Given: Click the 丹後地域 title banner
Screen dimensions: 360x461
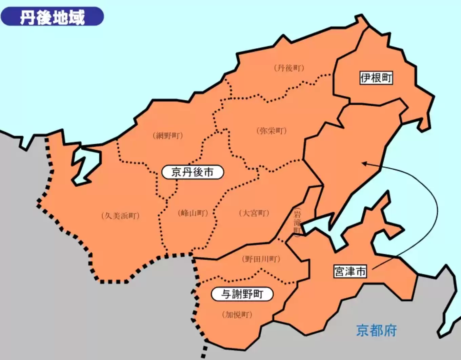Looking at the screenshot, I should point(52,17).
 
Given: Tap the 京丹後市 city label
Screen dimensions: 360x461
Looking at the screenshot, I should point(193,172).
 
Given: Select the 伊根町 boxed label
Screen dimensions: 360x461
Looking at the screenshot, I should point(376,78).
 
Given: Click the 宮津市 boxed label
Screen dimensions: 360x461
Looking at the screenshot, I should point(350,271).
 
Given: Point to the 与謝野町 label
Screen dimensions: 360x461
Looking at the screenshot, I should point(242,294).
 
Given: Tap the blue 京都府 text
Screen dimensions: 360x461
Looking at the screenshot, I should point(376,330).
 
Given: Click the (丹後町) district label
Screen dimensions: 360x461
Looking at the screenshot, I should point(289,68).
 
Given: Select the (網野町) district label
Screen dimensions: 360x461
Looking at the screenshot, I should point(168,136).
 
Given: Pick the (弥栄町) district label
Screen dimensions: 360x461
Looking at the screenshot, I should point(272,131).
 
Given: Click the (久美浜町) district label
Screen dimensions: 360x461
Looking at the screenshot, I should point(120,216).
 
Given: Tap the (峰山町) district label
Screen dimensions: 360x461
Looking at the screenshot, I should point(193,213).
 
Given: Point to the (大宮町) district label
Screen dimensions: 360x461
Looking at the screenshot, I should point(254,213).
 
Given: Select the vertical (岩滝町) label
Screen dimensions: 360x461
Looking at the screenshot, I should point(297,223).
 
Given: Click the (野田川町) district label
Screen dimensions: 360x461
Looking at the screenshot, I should point(261,259).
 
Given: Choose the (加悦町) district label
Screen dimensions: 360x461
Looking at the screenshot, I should point(237,315).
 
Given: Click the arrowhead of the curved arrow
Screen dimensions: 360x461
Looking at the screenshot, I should point(363,164).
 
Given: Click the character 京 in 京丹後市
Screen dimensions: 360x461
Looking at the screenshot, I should point(177,172).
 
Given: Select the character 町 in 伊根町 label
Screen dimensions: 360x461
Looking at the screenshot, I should point(387,78).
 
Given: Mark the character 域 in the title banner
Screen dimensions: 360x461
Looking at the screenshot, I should point(77,17).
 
